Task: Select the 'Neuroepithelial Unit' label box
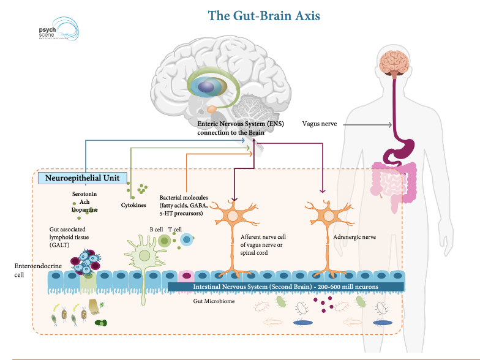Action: [83, 179]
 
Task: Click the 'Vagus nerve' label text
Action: [319, 124]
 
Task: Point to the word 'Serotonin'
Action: [86, 194]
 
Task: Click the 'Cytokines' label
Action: [133, 205]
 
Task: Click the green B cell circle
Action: [164, 241]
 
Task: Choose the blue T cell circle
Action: [187, 241]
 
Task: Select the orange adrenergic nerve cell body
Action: [329, 217]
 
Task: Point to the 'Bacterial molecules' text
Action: [183, 198]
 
